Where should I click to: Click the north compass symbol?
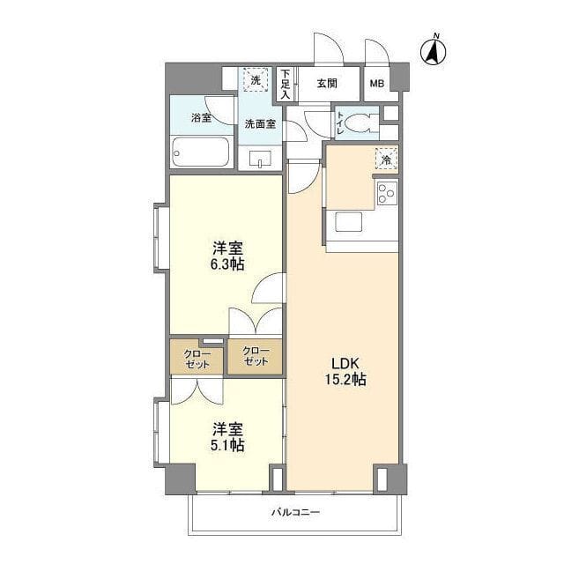pyautogui.click(x=433, y=50)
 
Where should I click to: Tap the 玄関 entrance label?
pyautogui.click(x=327, y=84)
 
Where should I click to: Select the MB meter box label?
pyautogui.click(x=377, y=84)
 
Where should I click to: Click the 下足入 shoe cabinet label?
pyautogui.click(x=286, y=85)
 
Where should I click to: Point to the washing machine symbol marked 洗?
pyautogui.click(x=256, y=80)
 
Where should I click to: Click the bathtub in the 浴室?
pyautogui.click(x=201, y=152)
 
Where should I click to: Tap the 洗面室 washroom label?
pyautogui.click(x=260, y=124)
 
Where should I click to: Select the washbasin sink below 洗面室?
pyautogui.click(x=260, y=159)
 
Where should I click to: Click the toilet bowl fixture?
pyautogui.click(x=361, y=123)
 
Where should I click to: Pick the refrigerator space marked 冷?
pyautogui.click(x=386, y=160)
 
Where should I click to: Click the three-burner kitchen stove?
pyautogui.click(x=387, y=193)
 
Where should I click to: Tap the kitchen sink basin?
pyautogui.click(x=348, y=221)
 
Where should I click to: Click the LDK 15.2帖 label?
pyautogui.click(x=345, y=371)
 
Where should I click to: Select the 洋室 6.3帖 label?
pyautogui.click(x=227, y=256)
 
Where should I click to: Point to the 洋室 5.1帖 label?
pyautogui.click(x=227, y=437)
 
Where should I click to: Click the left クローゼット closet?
pyautogui.click(x=197, y=358)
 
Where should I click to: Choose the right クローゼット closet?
pyautogui.click(x=255, y=356)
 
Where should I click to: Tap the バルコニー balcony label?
pyautogui.click(x=295, y=512)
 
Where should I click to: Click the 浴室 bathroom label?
pyautogui.click(x=201, y=117)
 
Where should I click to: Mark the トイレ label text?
pyautogui.click(x=340, y=123)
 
